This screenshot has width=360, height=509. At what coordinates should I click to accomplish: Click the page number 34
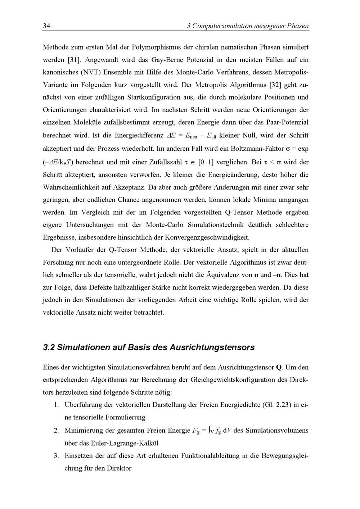click(46, 26)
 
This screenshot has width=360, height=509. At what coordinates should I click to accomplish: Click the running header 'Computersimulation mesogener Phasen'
click(251, 26)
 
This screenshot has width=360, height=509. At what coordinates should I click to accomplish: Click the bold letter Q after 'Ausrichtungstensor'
click(279, 368)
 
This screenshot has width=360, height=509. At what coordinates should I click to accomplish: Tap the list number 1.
click(57, 405)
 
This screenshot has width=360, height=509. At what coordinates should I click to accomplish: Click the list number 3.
click(56, 456)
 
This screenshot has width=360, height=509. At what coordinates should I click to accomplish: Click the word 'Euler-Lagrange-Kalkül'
click(112, 443)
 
